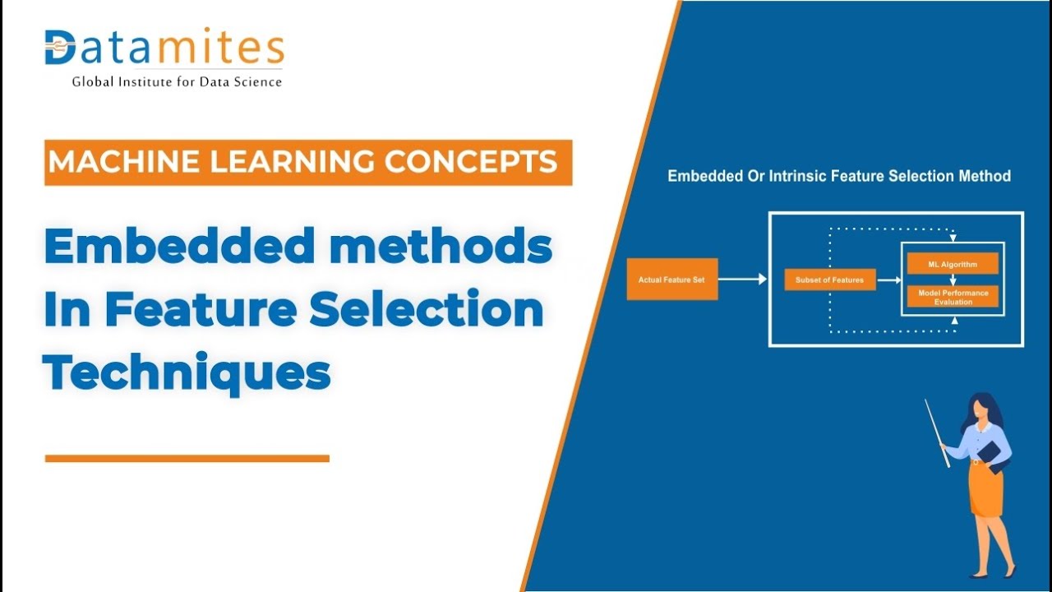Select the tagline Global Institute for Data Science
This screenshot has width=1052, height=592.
coord(177,81)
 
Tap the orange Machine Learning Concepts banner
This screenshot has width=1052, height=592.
coord(308,162)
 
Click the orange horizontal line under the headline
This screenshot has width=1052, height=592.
coord(187,458)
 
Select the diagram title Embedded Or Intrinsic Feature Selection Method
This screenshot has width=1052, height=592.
coord(838,176)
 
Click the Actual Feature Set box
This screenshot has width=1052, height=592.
coord(671,280)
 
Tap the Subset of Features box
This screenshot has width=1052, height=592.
coord(829,280)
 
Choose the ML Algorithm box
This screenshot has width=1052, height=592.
coord(953,264)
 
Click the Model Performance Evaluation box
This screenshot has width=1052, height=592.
coord(953,297)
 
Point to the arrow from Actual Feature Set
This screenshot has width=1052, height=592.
coord(742,280)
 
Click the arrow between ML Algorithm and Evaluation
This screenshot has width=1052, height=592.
coord(953,280)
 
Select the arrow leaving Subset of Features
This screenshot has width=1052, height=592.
coord(888,280)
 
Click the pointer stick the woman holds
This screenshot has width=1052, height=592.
coord(937,432)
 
